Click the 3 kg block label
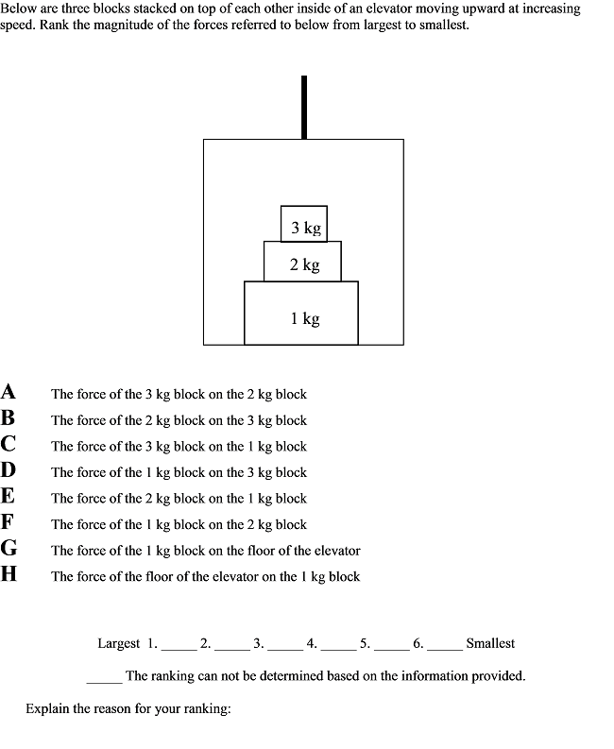pos(305,228)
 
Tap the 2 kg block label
pos(304,264)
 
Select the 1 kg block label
pos(304,319)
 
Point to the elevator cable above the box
pos(303,107)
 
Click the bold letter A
pos(9,392)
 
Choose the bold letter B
pos(9,417)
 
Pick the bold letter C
pos(9,444)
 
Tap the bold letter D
pos(9,470)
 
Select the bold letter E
pos(9,496)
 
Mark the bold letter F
pos(9,522)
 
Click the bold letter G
pos(9,548)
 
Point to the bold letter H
pos(9,574)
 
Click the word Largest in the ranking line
pos(119,643)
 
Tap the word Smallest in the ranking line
pos(490,643)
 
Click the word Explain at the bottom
pos(49,708)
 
